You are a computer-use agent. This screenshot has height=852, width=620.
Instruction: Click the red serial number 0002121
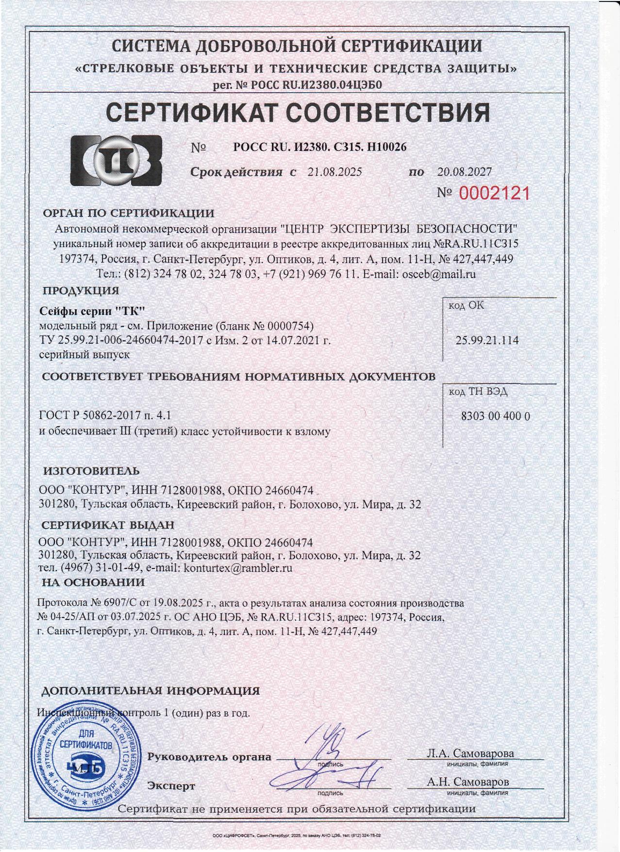click(x=494, y=194)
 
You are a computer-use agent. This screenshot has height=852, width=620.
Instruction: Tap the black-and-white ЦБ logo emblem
click(x=117, y=161)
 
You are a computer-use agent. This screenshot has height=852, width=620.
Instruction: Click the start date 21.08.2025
click(x=335, y=172)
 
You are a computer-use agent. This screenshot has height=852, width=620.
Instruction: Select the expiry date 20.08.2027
click(x=464, y=172)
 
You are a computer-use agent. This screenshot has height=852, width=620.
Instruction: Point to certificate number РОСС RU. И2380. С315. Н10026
click(x=320, y=147)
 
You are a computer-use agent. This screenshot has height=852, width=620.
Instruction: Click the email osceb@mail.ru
click(x=439, y=274)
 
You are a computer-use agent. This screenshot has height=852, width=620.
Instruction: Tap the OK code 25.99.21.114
click(x=487, y=341)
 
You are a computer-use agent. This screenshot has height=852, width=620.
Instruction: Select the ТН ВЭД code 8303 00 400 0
click(x=495, y=416)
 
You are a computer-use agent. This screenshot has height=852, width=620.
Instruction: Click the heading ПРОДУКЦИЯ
click(x=81, y=291)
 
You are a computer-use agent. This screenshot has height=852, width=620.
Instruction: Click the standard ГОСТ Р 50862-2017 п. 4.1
click(x=104, y=416)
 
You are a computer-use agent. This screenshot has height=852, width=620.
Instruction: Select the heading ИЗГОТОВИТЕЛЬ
click(x=91, y=471)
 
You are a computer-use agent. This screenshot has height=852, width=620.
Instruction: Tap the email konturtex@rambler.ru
click(x=238, y=568)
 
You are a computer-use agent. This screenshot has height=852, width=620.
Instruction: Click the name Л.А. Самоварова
click(x=470, y=753)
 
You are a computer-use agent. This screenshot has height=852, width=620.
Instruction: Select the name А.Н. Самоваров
click(x=468, y=782)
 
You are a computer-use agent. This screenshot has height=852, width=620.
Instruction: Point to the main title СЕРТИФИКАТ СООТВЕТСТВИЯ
click(x=298, y=113)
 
